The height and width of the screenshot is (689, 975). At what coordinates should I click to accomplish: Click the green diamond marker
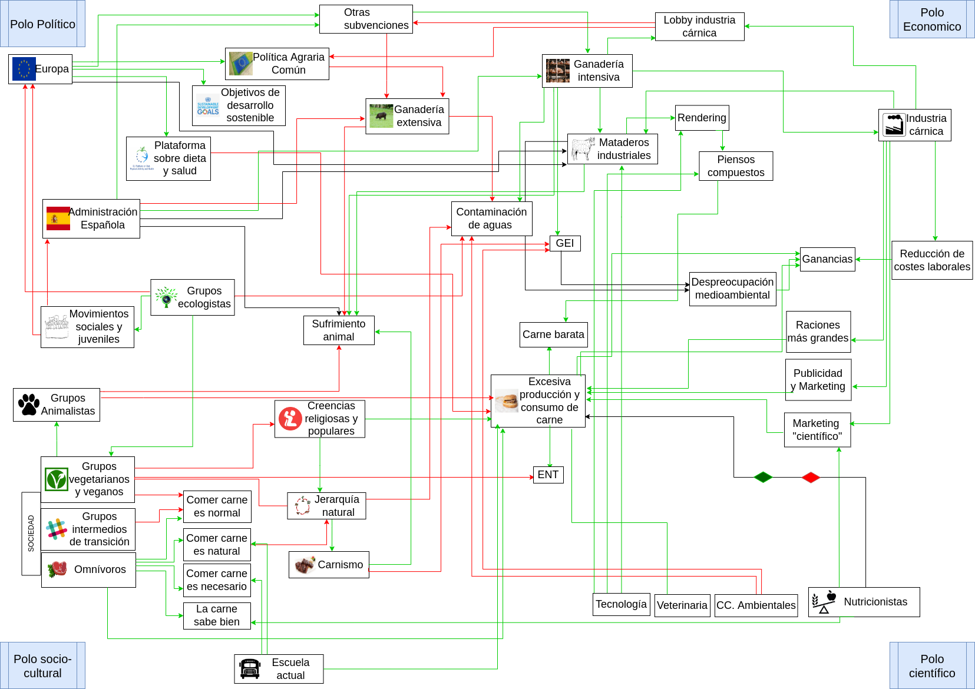763,477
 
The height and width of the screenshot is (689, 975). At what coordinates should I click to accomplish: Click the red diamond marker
811,477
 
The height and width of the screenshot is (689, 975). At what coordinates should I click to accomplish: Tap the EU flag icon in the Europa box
24,69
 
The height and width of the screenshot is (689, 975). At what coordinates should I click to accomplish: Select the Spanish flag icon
58,218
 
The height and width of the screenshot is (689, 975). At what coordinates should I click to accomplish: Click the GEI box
564,243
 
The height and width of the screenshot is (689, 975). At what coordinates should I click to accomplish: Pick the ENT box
548,475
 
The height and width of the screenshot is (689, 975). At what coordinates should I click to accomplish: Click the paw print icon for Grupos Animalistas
28,405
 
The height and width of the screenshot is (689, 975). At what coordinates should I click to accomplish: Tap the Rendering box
702,118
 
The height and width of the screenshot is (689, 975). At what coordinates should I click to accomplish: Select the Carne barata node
553,334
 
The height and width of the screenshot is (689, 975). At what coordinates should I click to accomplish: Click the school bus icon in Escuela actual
250,669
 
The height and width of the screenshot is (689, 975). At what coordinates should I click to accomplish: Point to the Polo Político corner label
42,24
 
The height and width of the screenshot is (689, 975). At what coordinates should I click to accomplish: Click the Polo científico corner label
931,665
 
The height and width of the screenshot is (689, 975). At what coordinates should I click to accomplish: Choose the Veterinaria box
682,605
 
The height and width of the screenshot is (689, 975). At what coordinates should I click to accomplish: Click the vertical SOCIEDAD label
31,533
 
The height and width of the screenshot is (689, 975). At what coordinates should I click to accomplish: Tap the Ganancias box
827,259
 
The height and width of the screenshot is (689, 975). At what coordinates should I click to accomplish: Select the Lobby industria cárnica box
699,26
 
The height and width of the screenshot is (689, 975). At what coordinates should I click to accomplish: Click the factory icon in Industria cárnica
894,125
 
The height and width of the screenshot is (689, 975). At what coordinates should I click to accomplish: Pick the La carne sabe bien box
217,615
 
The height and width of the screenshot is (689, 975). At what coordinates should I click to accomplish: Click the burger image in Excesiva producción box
506,401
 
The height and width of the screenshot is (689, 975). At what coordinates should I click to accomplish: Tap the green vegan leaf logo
57,479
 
